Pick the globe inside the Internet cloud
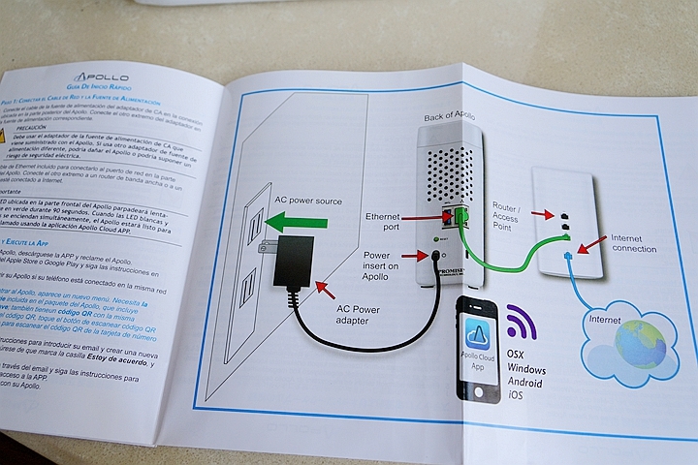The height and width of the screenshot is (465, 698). click(x=641, y=342)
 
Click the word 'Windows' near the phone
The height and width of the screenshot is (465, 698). click(x=526, y=371)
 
